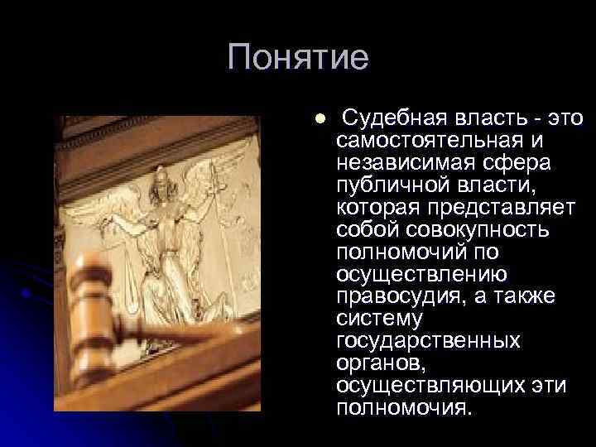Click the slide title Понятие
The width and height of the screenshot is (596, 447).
(x=297, y=58)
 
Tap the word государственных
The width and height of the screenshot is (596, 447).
(x=429, y=340)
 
